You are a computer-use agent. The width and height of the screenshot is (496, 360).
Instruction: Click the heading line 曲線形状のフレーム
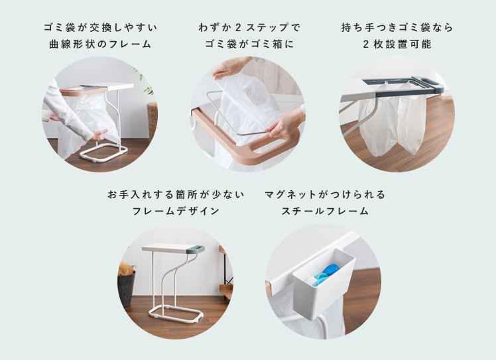[x=100, y=44]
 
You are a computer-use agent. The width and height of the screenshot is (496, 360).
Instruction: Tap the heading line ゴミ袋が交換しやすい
[x=100, y=28]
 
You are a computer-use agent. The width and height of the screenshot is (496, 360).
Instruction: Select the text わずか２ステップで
[x=249, y=28]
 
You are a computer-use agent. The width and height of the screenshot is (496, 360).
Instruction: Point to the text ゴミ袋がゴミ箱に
[x=249, y=44]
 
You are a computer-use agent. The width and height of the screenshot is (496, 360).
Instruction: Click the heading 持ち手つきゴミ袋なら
[x=397, y=28]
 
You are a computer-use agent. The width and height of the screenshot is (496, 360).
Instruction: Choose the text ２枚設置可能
[x=397, y=44]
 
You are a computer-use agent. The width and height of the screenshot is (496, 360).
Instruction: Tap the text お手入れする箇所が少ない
[x=176, y=194]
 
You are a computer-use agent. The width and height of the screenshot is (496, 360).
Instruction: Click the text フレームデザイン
[x=176, y=211]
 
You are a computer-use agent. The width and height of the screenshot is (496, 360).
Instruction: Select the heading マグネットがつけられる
[x=325, y=194]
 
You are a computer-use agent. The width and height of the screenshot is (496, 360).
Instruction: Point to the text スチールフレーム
[x=325, y=211]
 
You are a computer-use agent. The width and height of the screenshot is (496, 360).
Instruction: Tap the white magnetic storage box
[x=324, y=283]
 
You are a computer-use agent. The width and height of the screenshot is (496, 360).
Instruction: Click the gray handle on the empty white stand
[x=195, y=249]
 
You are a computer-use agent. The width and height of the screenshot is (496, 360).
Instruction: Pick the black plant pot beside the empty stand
[x=126, y=287]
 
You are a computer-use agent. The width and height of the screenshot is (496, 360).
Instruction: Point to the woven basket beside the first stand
[x=153, y=119]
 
